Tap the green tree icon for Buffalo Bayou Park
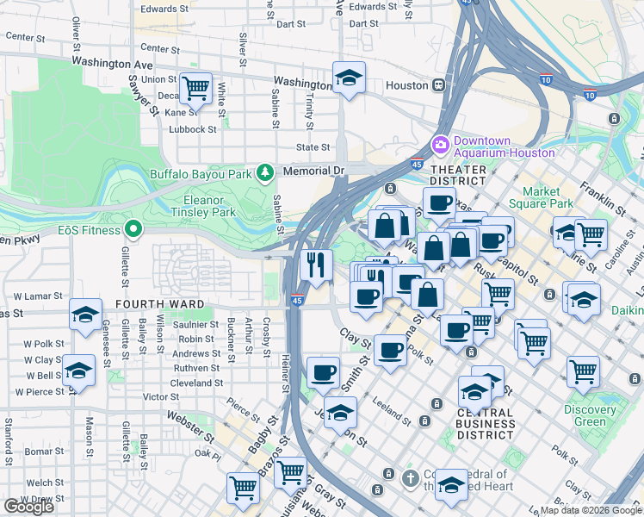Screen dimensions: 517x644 point(265,172)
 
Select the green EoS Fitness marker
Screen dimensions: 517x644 point(133,230)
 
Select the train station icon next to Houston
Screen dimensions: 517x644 point(439,85)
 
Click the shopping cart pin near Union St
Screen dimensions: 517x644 point(196,87)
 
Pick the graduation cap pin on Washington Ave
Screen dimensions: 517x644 point(349,78)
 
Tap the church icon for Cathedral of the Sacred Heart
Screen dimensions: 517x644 point(412,477)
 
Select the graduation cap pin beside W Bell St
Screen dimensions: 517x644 point(78,372)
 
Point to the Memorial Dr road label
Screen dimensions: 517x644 point(313,171)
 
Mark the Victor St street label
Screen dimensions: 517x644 point(161,397)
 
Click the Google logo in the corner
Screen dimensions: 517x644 point(28,507)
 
